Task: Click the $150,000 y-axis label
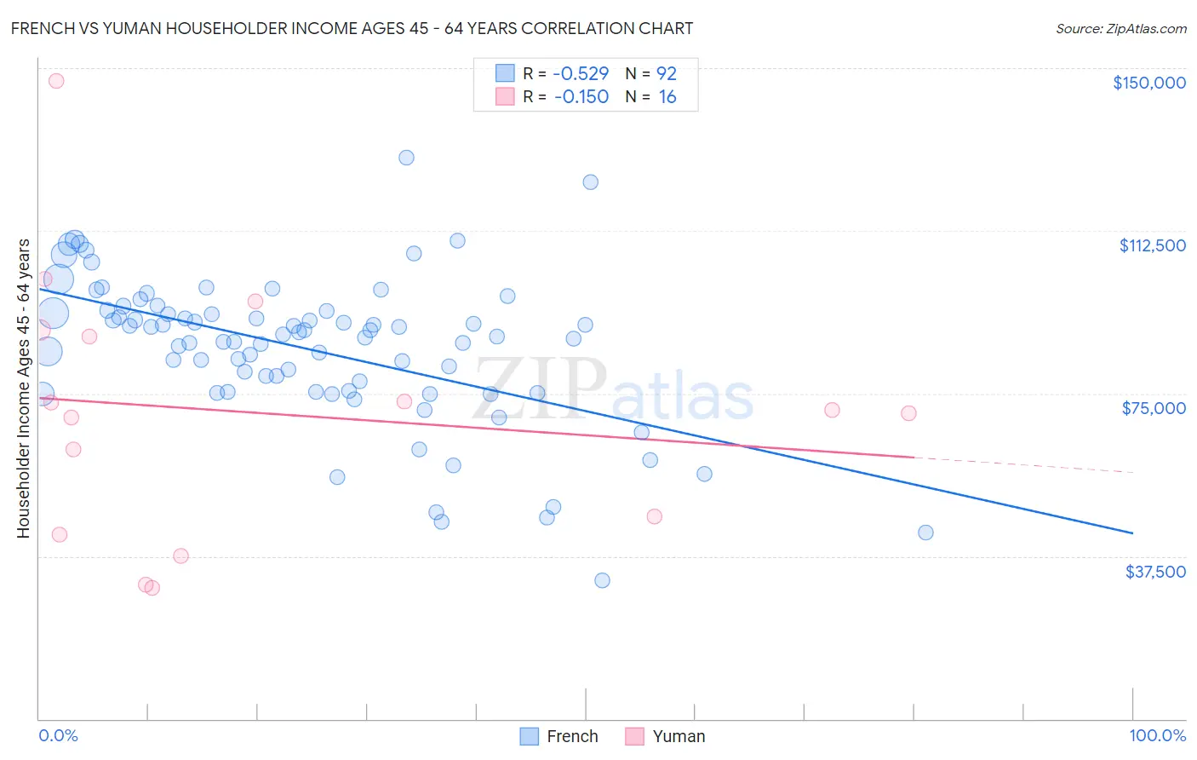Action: coord(1148,83)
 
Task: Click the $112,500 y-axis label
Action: coord(1152,245)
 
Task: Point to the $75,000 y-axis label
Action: coord(1153,408)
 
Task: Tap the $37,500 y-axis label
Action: coord(1154,572)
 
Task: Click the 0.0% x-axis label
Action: coord(58,735)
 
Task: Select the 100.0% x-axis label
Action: coord(1157,735)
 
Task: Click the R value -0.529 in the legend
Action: coord(581,74)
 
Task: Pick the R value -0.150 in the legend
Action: coord(581,97)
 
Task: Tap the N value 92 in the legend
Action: coord(666,74)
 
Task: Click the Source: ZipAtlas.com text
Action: coord(1120,29)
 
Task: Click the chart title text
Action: coord(352,28)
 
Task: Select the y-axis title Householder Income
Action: coord(23,389)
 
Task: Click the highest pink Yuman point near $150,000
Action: coord(56,81)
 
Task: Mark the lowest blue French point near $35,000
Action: coord(602,580)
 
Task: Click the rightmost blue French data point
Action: coord(925,533)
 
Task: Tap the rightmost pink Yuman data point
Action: coord(908,413)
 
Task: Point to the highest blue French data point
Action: coord(406,158)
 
